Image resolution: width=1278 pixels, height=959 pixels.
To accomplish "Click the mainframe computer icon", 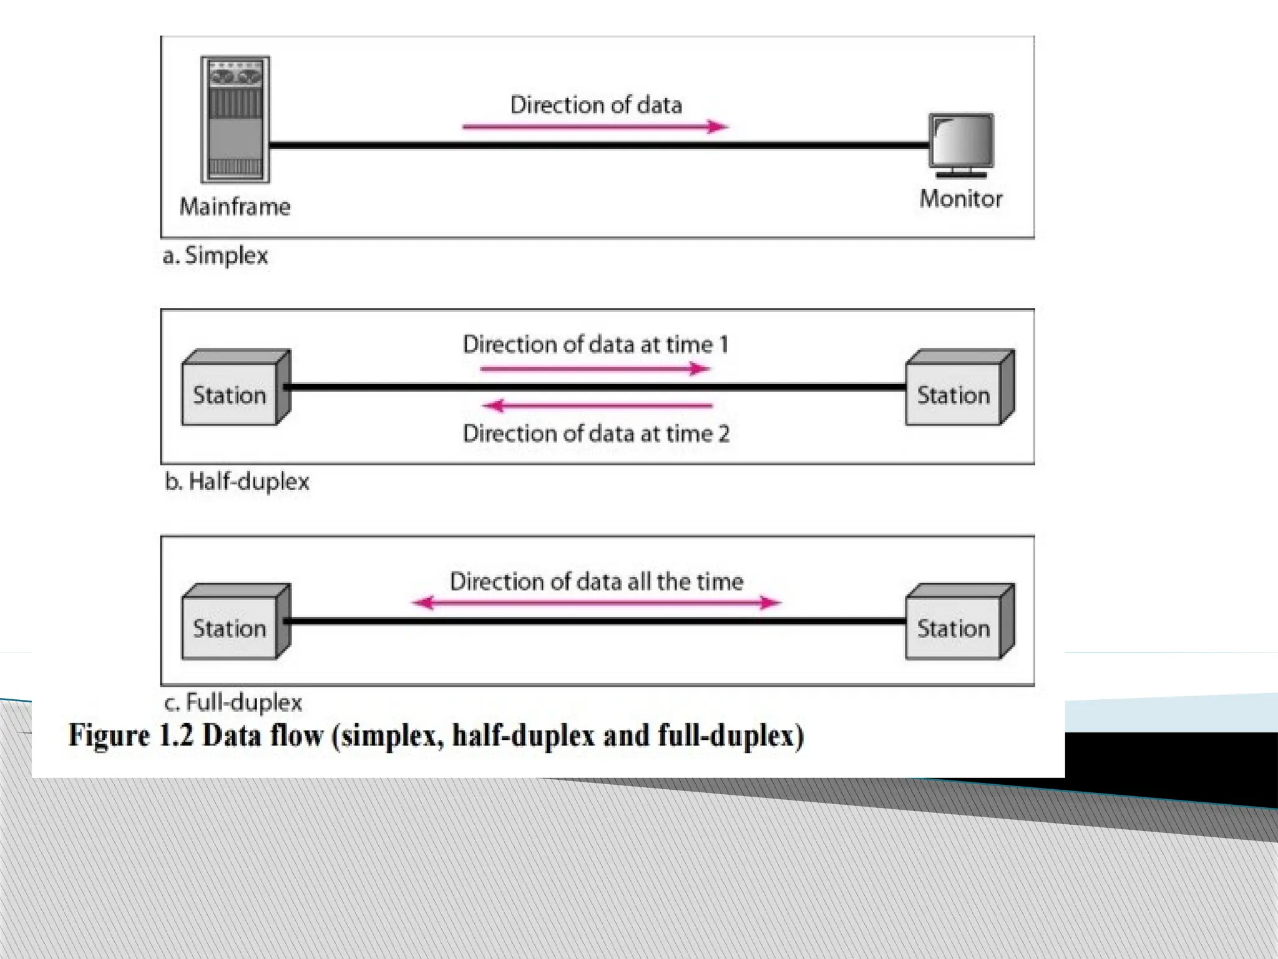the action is [235, 119].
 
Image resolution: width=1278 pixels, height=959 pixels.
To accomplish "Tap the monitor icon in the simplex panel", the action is [961, 144].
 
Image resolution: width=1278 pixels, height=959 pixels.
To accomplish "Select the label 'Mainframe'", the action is [235, 207].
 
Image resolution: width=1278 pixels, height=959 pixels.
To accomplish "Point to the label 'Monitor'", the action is [961, 199].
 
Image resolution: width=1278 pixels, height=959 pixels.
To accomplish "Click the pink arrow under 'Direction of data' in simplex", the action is [595, 127].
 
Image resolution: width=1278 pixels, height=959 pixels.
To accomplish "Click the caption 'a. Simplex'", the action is [215, 256].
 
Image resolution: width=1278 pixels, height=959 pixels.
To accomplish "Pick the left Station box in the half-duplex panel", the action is [235, 388].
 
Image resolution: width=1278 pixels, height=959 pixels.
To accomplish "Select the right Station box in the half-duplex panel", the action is [959, 388].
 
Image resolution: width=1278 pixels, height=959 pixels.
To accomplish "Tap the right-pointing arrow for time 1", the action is [595, 369].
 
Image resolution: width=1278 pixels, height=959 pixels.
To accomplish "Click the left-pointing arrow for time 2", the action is [598, 406].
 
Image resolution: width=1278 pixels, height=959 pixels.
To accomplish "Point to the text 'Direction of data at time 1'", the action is [595, 345].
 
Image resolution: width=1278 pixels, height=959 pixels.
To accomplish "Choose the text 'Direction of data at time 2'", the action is [596, 434].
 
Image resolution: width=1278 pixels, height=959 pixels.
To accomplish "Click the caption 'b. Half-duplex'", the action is [237, 482].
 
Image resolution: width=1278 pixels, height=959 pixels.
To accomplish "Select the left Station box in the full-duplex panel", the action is [235, 622].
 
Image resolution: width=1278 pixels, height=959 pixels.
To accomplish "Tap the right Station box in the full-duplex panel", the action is [959, 622].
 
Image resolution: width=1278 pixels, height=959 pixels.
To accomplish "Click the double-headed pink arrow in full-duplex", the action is [596, 602].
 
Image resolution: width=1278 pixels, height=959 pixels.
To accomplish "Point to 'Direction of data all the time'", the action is [597, 582].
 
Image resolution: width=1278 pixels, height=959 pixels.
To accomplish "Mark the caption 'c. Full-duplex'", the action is [233, 703].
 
